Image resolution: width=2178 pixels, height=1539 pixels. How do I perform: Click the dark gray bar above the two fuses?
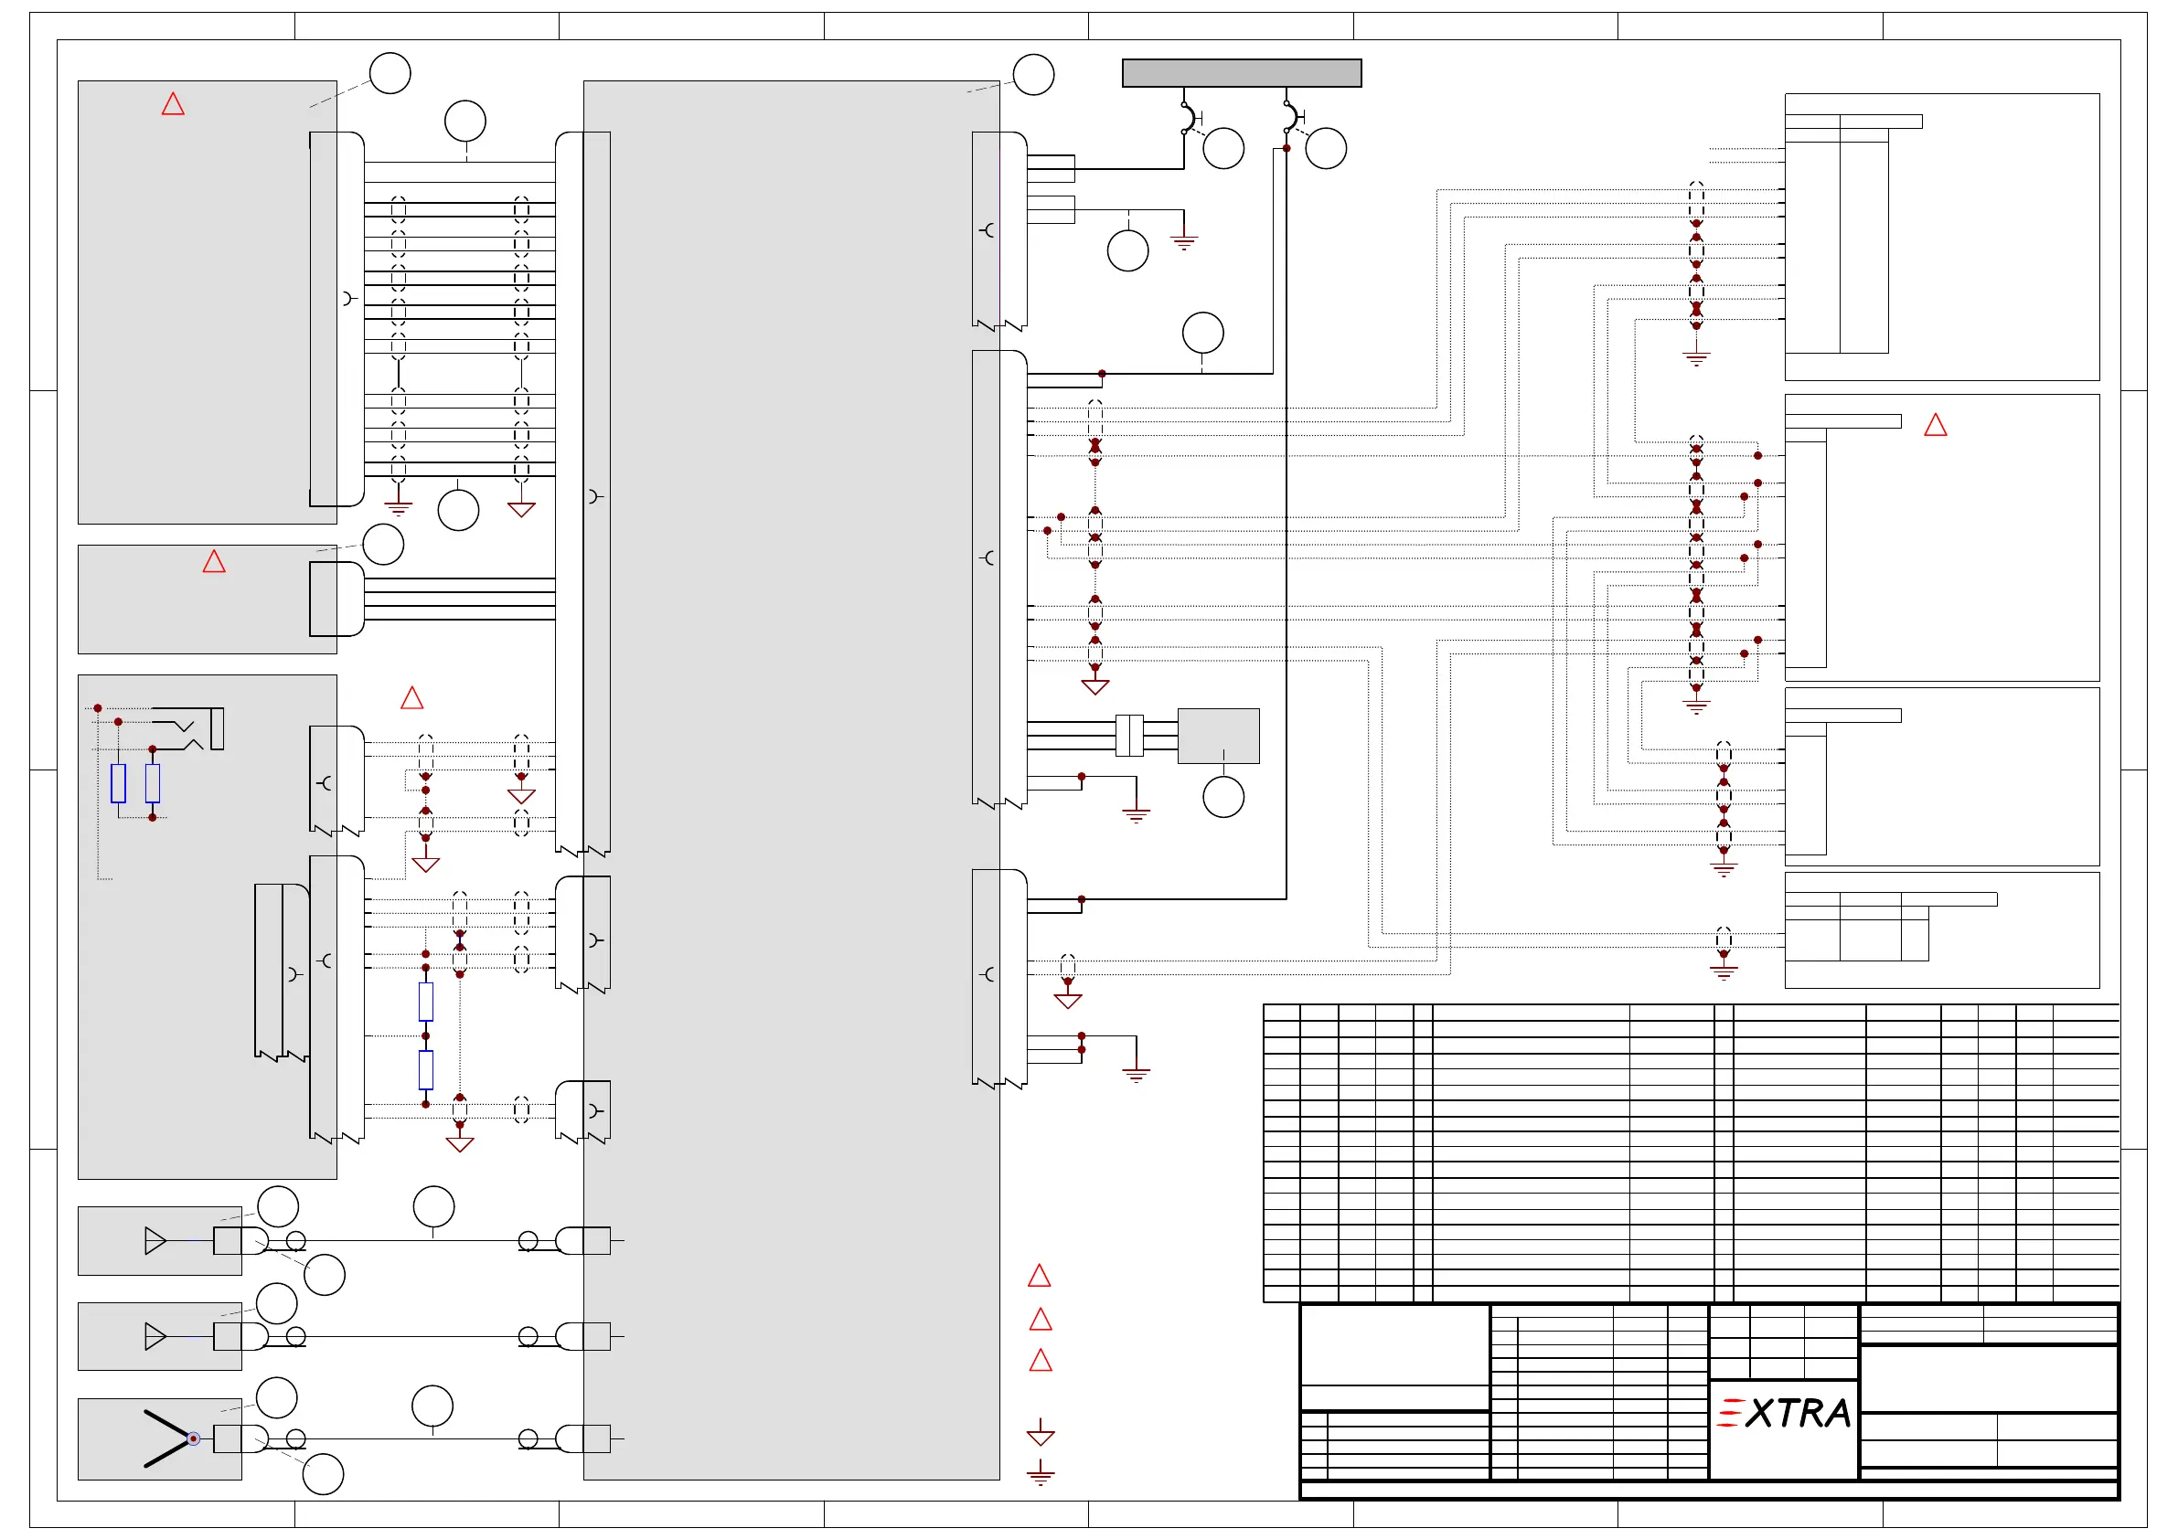(1241, 73)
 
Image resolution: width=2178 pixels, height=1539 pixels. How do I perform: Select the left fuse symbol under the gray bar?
(1188, 118)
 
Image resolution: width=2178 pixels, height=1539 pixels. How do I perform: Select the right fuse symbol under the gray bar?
(1290, 118)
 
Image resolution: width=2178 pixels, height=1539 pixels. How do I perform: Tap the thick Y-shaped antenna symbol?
(167, 1438)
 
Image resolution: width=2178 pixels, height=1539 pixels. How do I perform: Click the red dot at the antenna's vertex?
(194, 1438)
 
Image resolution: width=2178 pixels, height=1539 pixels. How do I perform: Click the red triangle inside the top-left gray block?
(173, 103)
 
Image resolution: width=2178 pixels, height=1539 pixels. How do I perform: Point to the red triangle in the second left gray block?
(214, 561)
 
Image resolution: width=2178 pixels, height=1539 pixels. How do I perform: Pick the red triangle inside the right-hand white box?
(1935, 425)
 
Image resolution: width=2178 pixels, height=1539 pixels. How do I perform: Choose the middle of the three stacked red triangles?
(1041, 1319)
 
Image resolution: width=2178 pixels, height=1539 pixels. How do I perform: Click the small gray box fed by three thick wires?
(1218, 736)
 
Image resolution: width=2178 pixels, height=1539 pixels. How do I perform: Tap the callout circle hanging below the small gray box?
(1222, 797)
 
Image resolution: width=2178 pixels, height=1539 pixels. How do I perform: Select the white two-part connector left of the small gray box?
(1129, 736)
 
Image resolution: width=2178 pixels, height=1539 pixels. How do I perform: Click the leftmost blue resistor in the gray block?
(119, 783)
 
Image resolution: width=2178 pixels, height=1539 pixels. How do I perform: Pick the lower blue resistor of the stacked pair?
(426, 1069)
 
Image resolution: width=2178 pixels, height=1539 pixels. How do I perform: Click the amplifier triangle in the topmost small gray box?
(155, 1240)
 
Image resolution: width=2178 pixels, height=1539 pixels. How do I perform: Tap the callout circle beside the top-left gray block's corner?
(389, 73)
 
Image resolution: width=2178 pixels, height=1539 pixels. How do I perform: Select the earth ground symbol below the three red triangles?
(1041, 1471)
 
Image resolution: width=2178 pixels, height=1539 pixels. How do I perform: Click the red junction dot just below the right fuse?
(1287, 148)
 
